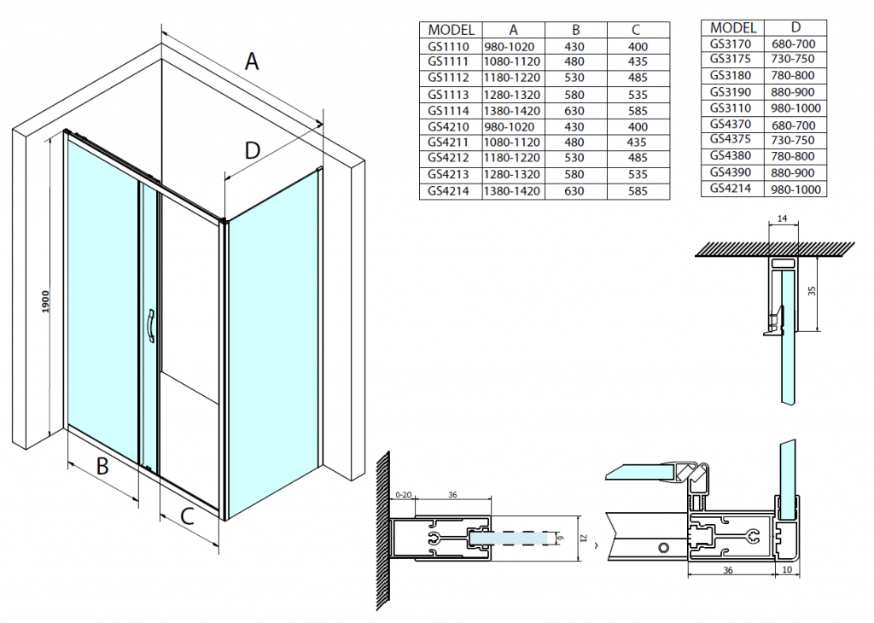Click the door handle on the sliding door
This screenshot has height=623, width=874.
[x=150, y=328]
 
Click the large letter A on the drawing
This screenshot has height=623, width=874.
[x=252, y=61]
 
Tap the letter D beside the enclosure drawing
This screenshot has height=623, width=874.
[x=252, y=151]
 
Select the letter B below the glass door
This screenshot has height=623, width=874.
[x=102, y=467]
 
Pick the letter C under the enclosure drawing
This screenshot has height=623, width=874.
[x=189, y=515]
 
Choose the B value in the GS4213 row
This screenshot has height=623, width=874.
[x=574, y=175]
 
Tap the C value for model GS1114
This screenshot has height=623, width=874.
[x=636, y=110]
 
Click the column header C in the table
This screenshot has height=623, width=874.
[x=636, y=30]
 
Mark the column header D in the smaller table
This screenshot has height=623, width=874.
[x=795, y=27]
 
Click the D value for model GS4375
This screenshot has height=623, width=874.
[x=795, y=141]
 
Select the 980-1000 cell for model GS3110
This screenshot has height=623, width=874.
[x=795, y=108]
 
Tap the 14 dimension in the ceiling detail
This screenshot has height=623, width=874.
[x=784, y=220]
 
